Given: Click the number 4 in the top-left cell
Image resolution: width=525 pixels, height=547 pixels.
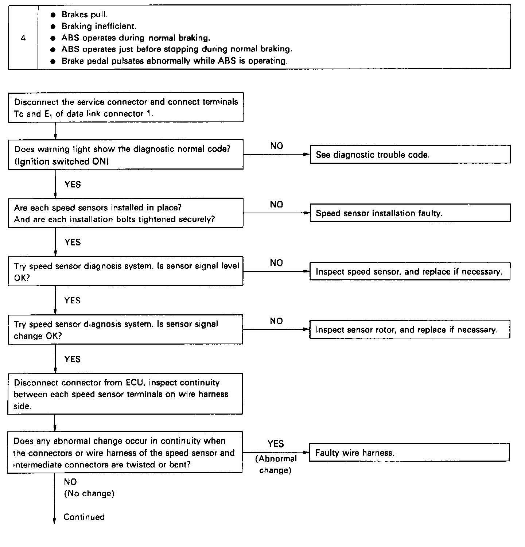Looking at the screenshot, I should coord(23,38).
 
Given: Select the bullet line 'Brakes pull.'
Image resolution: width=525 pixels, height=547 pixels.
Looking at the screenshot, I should coord(85,15).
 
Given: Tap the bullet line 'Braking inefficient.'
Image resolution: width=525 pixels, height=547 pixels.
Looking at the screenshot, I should coord(99,26).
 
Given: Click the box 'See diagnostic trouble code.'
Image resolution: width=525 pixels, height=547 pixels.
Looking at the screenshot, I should coord(410,155).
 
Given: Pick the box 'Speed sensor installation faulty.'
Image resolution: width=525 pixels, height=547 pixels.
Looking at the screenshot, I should coord(410,213).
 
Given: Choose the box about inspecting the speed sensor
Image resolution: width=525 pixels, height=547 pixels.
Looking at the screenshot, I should coord(410,272).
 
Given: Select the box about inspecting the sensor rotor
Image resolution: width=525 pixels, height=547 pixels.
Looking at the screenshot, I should coord(410,330).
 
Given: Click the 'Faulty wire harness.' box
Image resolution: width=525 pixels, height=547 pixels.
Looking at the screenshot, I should coord(409,453).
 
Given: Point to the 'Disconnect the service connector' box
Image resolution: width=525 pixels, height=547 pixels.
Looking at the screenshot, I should coord(126,108).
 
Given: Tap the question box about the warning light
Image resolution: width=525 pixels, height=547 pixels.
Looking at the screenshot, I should coord(126,155).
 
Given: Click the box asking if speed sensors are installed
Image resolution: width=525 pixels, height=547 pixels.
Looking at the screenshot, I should coord(126,213).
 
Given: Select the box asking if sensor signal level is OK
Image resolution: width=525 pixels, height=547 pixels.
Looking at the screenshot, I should coord(126,272).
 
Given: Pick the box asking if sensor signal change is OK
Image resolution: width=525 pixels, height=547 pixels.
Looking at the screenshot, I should coord(126,330).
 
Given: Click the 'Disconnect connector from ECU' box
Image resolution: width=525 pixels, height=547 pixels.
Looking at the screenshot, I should coord(125,394).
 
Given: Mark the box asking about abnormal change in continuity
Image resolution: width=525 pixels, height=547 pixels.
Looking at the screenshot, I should coord(125,453).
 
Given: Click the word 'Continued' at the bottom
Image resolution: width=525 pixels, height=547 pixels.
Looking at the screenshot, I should coord(84,517).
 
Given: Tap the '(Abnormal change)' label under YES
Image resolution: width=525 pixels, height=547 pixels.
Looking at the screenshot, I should coord(276,464).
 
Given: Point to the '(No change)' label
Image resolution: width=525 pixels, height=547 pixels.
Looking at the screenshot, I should coord(89,494).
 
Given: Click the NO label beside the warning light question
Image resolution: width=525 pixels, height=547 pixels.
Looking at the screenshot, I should coord(277,146).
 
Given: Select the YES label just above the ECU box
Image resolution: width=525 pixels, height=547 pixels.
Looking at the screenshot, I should coord(72,359).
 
